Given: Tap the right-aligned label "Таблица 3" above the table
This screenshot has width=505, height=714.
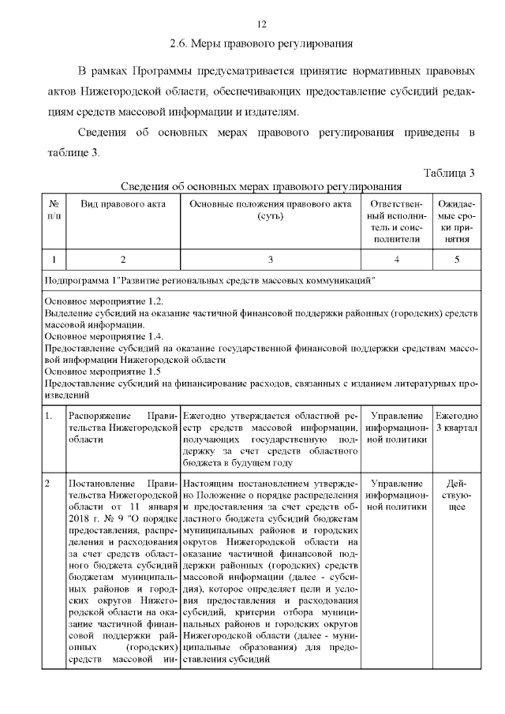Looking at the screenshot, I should [449, 173].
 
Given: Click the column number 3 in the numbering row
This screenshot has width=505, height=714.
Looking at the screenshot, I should [270, 259].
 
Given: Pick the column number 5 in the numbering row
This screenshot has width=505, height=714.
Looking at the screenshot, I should [456, 259].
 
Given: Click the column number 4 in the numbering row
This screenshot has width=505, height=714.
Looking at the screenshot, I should [396, 259].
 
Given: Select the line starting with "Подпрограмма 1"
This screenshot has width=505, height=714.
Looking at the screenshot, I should [210, 280].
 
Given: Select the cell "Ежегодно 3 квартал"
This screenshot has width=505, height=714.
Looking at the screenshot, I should [456, 421].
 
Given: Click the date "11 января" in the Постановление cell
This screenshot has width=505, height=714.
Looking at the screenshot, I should [151, 506].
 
